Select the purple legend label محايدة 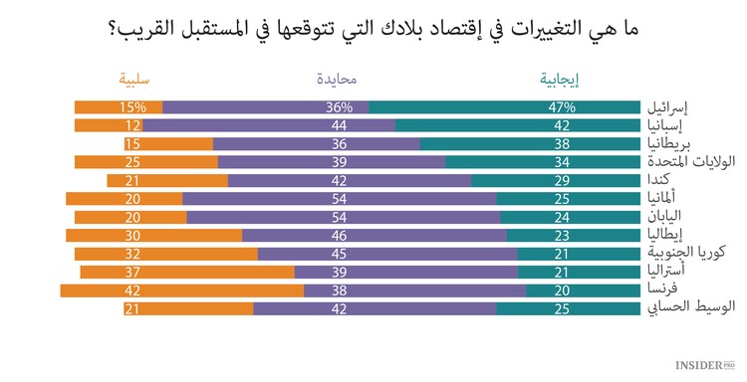click(340, 80)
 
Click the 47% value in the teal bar click(562, 107)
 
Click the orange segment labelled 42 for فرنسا click(181, 289)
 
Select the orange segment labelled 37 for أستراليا click(187, 272)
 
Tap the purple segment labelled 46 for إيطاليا click(374, 235)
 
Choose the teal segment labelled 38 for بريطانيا click(530, 144)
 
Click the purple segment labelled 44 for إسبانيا click(270, 125)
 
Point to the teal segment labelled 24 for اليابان click(570, 217)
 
